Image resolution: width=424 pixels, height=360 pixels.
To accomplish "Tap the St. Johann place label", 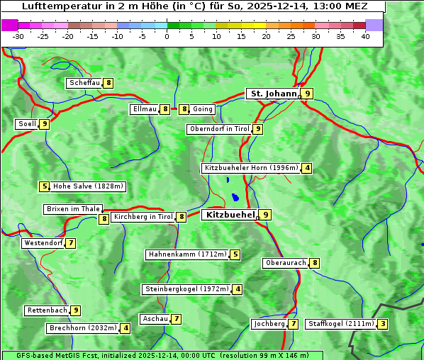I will click(272, 93).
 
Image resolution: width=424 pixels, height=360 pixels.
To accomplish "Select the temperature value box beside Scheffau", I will click(108, 83).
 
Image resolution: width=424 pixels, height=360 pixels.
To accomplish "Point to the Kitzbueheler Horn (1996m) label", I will click(251, 168).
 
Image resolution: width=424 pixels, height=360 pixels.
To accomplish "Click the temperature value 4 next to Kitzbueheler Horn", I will click(306, 168).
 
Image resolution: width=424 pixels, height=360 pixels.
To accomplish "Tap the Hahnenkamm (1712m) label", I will click(187, 254).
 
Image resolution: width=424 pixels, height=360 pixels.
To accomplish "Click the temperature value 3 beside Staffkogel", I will click(383, 324).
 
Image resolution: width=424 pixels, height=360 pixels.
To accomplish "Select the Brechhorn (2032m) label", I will click(83, 328).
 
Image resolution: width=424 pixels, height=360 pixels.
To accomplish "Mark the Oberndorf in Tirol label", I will click(219, 129).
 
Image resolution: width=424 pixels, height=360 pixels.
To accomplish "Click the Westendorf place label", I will click(43, 243).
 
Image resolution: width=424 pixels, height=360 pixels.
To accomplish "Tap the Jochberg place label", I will click(269, 324).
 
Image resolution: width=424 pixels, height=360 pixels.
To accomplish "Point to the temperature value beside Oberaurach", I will click(315, 263).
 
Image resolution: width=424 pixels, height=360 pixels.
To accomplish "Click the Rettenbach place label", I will click(48, 310).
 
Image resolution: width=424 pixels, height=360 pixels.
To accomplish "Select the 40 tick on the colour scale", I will click(365, 36).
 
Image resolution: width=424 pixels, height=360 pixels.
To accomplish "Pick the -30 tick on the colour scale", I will click(18, 36).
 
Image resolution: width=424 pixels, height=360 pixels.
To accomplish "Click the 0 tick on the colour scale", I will click(167, 36).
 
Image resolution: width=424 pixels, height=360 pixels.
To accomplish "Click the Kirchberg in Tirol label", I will click(143, 217).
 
